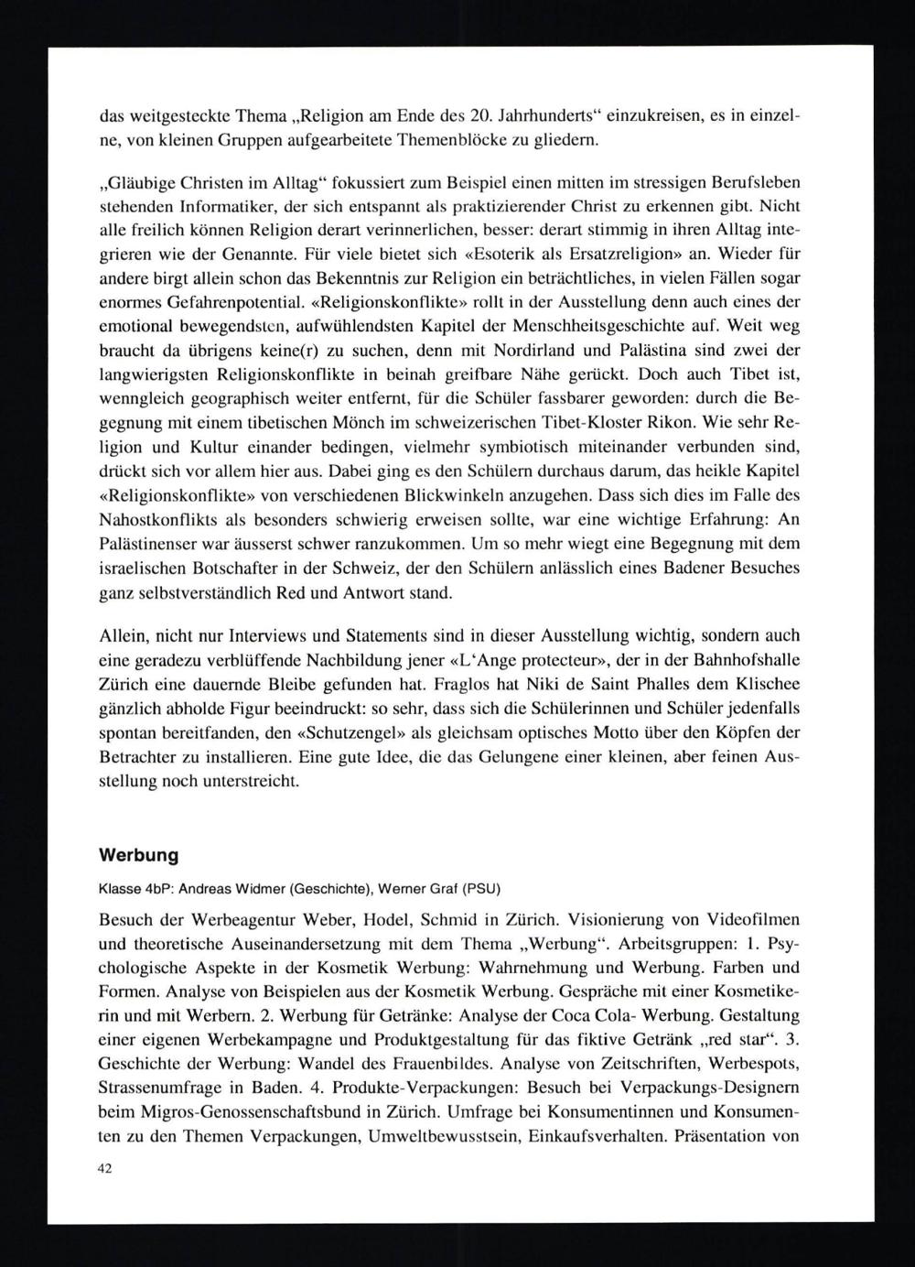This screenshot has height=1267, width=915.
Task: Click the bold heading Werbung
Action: [138, 855]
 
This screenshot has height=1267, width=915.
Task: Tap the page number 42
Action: [103, 1169]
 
